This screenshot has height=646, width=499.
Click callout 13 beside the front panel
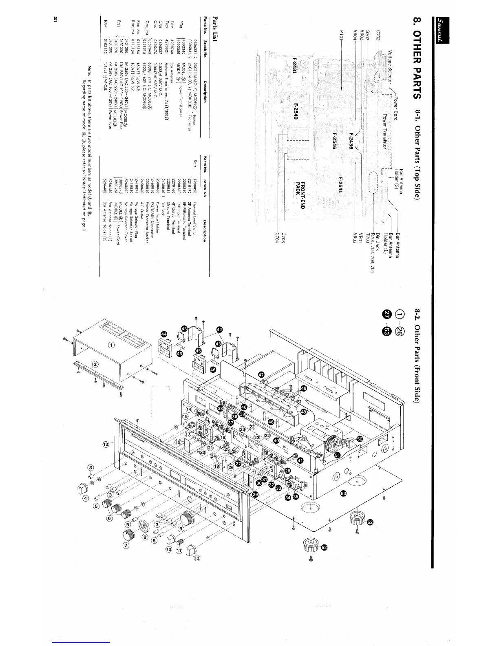tap(106, 444)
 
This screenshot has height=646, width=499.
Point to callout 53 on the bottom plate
tap(343, 493)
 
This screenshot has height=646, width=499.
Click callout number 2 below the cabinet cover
tap(95, 364)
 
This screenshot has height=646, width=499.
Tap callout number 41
tap(300, 460)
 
